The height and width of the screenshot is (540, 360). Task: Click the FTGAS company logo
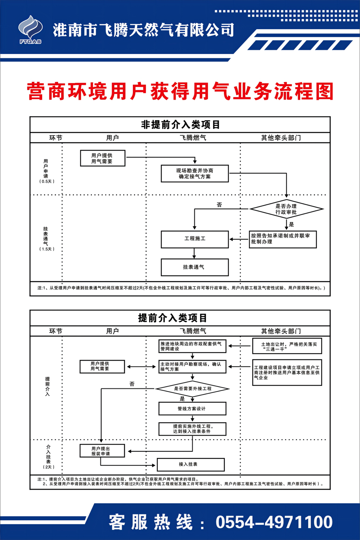pos(31,30)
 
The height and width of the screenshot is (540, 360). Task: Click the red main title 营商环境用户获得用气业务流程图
pos(180,91)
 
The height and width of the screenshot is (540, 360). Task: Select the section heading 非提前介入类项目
pos(180,125)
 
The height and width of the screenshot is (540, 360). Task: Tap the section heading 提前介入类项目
pos(173,318)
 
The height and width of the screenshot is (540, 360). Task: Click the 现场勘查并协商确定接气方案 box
pos(195,174)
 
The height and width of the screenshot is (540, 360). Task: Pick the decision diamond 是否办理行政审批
pos(287,209)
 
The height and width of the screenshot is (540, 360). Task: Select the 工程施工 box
pos(195,239)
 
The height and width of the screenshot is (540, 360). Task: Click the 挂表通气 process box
pos(195,267)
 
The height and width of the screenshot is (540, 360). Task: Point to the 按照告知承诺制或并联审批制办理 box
pos(283,239)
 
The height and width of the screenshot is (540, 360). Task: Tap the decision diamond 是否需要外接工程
pos(193,389)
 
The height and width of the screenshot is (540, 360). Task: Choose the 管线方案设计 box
pos(192,409)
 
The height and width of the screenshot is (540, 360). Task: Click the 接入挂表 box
pos(190,464)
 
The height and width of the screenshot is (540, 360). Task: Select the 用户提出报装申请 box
pos(102,451)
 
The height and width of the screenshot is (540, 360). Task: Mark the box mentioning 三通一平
pos(287,346)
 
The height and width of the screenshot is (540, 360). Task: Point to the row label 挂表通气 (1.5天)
pos(46,239)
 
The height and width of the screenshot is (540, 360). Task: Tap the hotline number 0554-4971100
pos(274,522)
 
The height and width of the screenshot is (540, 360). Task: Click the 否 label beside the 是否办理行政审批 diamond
pos(219,205)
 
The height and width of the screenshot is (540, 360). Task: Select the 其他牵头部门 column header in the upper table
pos(281,138)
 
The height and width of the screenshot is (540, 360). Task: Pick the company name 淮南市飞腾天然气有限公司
pos(143,30)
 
